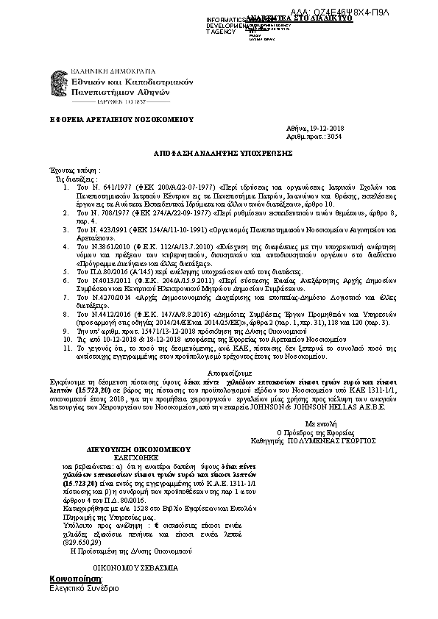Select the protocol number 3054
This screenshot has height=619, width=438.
[x=333, y=137]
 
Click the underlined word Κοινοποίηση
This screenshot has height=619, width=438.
[x=74, y=579]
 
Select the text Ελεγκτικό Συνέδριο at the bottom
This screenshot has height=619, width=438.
[x=83, y=590]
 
